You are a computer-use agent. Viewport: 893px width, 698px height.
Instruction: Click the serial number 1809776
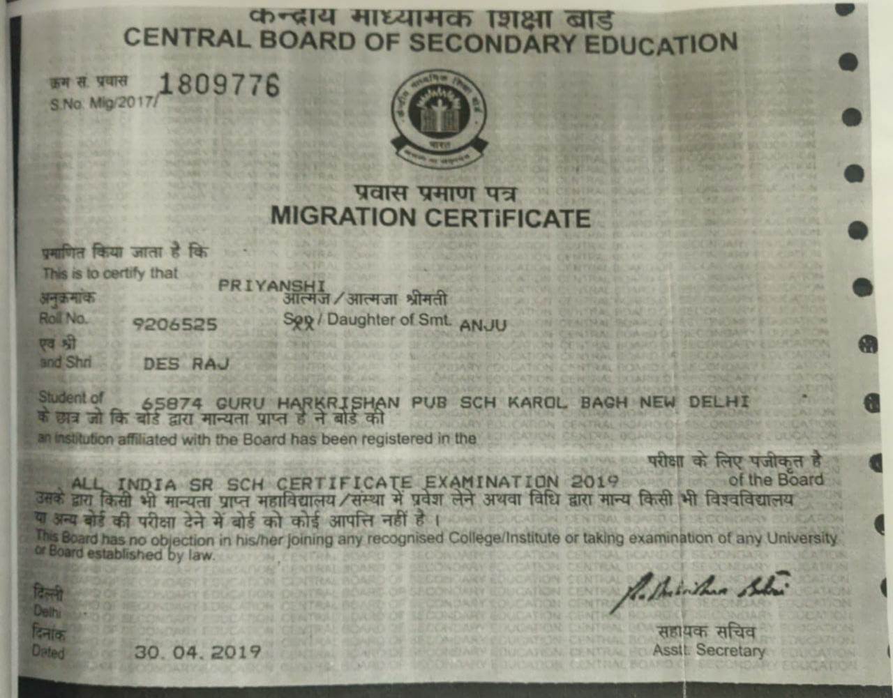[219, 86]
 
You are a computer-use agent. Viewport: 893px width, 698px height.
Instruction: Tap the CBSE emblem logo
[439, 117]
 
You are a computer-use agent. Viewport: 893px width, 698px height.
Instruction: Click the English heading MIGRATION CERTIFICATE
[430, 217]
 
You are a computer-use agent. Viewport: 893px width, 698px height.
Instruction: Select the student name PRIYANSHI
[272, 285]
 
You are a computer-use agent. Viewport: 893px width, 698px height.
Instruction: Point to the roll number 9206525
[175, 324]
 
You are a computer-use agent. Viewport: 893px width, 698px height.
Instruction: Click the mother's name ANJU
[483, 325]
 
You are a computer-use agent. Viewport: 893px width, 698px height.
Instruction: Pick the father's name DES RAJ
[186, 363]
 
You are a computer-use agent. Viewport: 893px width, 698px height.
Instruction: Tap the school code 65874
[172, 403]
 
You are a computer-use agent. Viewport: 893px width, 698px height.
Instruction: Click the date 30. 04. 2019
[197, 652]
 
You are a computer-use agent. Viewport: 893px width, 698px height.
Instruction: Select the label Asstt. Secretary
[709, 650]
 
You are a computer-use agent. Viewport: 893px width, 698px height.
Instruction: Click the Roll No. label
[63, 319]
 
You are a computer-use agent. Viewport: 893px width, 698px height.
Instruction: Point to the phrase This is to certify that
[110, 273]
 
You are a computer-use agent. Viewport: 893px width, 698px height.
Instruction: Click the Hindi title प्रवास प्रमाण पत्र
[435, 192]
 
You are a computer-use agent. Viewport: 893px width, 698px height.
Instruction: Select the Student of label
[71, 397]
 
